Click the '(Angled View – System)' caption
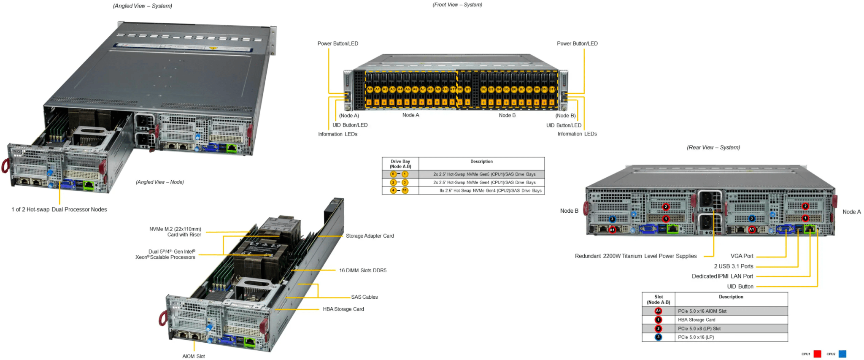click(x=142, y=6)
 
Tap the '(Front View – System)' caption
click(x=457, y=5)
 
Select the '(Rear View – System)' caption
click(x=713, y=147)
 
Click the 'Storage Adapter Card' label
click(x=370, y=236)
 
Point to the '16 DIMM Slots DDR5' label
click(x=362, y=271)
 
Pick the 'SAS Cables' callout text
click(x=364, y=297)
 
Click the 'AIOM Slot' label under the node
click(x=193, y=356)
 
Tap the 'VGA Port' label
click(x=742, y=256)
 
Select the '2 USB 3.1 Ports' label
click(x=733, y=266)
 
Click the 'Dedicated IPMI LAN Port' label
click(x=722, y=276)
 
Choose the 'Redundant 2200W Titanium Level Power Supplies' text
click(x=635, y=256)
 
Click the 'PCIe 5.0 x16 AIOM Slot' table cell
click(x=702, y=311)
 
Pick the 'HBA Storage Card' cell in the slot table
click(x=697, y=320)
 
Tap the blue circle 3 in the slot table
click(x=658, y=337)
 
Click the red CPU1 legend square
click(x=817, y=354)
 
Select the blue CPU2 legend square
click(x=842, y=354)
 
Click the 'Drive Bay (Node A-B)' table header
click(x=400, y=164)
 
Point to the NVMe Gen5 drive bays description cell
click(x=484, y=174)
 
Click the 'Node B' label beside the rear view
click(x=569, y=211)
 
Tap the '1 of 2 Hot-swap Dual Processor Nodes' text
click(x=59, y=210)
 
